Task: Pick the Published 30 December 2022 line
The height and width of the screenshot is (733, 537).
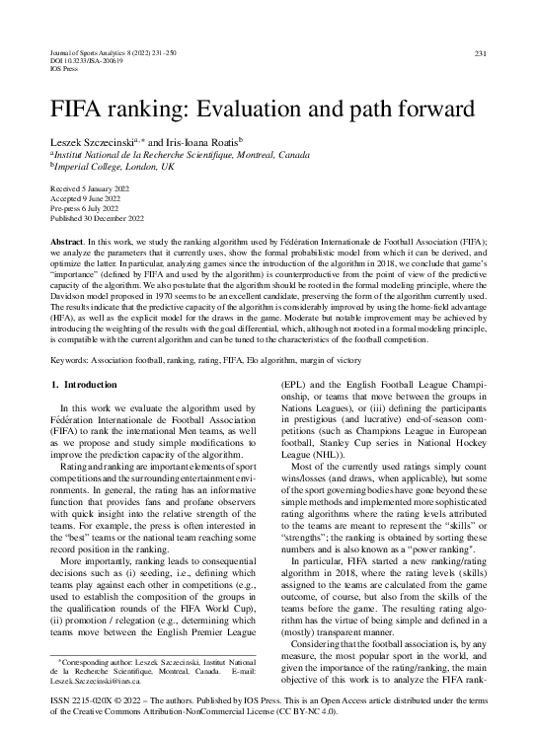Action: [x=97, y=217]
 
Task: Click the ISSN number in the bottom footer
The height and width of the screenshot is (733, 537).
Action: [x=85, y=695]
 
